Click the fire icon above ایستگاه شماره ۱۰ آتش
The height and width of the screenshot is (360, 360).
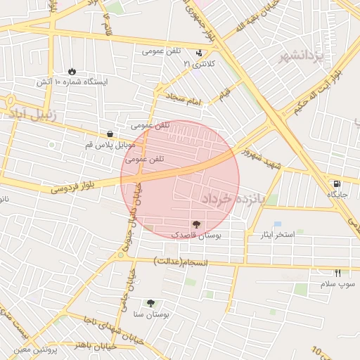pyautogui.click(x=72, y=71)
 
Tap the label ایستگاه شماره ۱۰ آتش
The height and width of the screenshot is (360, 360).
pyautogui.click(x=73, y=82)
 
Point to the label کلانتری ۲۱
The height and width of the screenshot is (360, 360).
pyautogui.click(x=197, y=64)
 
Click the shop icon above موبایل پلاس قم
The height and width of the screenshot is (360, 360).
pyautogui.click(x=110, y=134)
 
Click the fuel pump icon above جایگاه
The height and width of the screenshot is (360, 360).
pyautogui.click(x=333, y=184)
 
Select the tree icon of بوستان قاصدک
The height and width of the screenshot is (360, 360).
pyautogui.click(x=195, y=225)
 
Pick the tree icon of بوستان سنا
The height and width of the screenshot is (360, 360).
pyautogui.click(x=151, y=303)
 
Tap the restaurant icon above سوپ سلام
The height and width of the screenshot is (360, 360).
pyautogui.click(x=337, y=273)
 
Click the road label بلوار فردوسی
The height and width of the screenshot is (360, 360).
pyautogui.click(x=72, y=188)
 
